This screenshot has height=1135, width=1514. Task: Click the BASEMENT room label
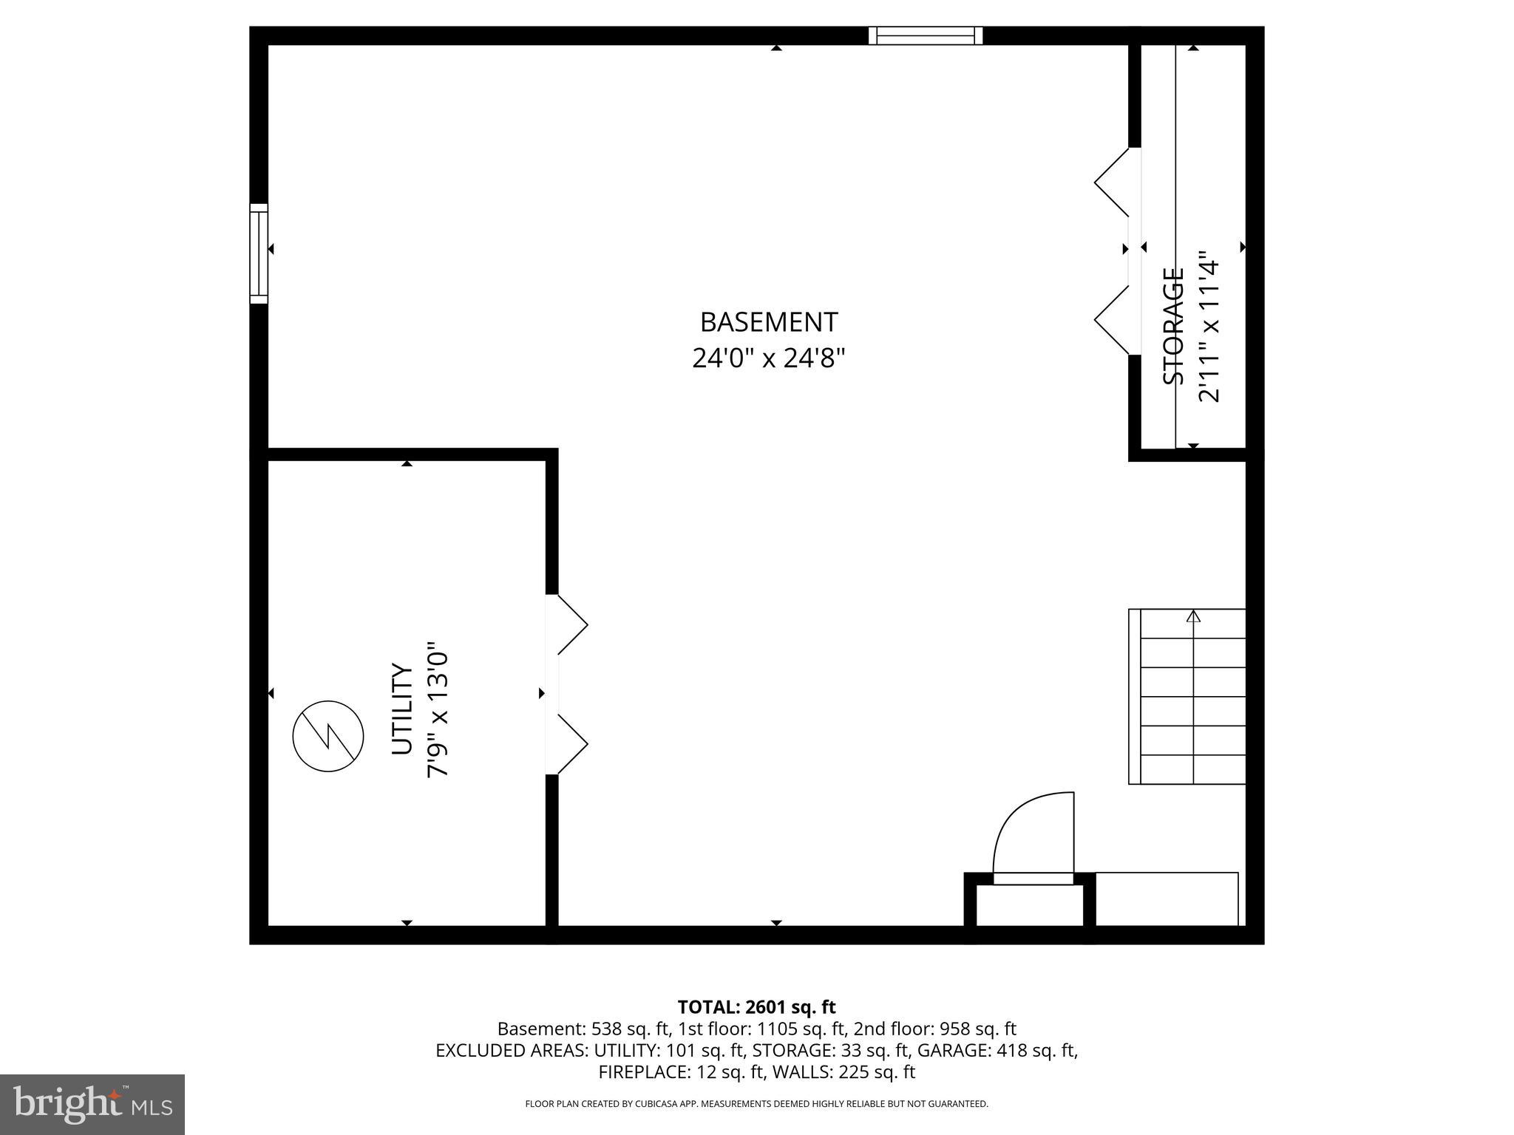768,322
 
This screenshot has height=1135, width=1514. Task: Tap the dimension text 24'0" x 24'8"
768,358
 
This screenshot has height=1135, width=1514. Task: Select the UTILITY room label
401,709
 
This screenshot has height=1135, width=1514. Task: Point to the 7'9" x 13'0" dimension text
438,709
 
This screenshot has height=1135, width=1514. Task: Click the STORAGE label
1173,326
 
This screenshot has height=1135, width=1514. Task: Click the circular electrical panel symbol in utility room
328,737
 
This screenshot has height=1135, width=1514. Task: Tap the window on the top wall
925,35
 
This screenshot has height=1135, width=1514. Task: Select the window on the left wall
259,253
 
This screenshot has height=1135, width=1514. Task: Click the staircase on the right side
1187,696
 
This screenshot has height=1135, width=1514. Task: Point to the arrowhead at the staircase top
1193,616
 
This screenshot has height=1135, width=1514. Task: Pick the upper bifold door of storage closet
1112,182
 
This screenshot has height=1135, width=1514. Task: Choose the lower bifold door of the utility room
571,744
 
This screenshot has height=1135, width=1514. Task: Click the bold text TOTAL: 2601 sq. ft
756,1007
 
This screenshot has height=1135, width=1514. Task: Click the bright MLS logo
92,1105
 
